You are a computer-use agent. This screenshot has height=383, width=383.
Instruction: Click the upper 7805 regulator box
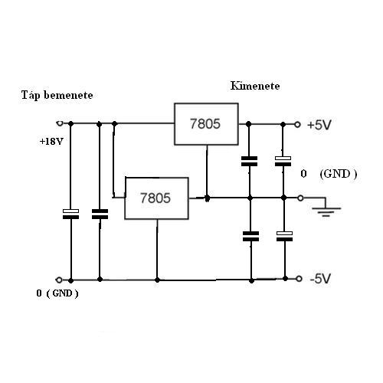point(206,124)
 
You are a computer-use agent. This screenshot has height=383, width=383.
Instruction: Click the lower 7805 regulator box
point(156,198)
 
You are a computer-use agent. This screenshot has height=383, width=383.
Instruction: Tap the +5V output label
point(319,125)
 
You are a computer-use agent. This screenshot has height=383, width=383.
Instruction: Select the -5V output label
point(320,278)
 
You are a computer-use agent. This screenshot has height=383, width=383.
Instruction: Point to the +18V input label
point(51,142)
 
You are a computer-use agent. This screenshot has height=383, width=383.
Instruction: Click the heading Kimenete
point(255,86)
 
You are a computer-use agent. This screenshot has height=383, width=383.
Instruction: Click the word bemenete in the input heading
point(68,95)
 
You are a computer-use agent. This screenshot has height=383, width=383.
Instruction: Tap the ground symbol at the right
point(326,208)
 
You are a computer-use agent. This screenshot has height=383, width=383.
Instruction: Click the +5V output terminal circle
point(297,125)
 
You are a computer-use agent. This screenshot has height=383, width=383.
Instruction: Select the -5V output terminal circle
point(299,279)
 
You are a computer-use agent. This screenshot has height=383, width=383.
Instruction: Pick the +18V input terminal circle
point(60,123)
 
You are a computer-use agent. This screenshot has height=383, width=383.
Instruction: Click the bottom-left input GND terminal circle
point(59,280)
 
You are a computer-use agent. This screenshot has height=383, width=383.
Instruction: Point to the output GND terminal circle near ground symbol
point(301,198)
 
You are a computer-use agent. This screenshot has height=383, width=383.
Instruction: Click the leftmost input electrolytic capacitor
point(70,214)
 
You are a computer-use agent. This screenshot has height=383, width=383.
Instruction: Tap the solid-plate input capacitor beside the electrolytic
point(100,214)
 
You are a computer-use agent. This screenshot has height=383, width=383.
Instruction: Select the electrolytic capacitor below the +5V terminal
point(283,161)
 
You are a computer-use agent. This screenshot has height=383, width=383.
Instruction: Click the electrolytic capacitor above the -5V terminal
point(285,236)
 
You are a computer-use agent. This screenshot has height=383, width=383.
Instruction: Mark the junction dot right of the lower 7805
point(208,198)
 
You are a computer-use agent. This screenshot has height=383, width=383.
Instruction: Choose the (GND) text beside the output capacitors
point(339,174)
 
